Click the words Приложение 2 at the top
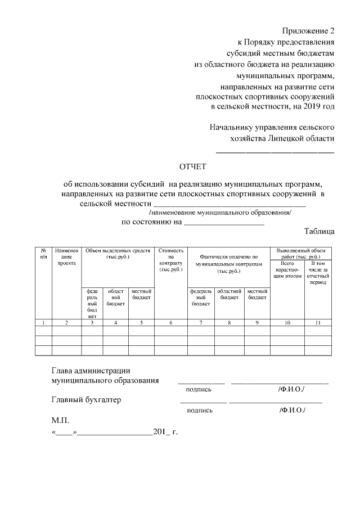[308, 30]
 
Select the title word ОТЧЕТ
[193, 166]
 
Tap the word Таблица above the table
[319, 231]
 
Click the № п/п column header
[43, 253]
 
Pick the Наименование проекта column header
[66, 256]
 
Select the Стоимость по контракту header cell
[171, 260]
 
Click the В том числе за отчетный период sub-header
[318, 272]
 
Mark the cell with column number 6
[171, 322]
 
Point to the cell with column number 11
[318, 322]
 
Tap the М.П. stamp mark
[59, 420]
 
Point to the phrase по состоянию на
[152, 222]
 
